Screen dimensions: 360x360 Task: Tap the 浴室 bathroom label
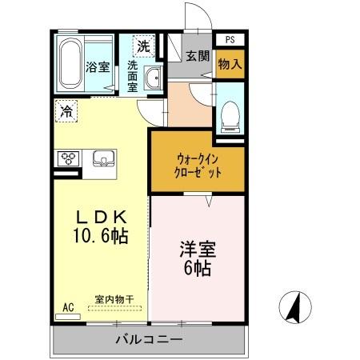pyautogui.click(x=98, y=67)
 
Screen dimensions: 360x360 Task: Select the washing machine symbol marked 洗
pyautogui.click(x=142, y=46)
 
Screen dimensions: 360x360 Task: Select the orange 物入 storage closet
pyautogui.click(x=230, y=63)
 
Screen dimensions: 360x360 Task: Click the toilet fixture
pyautogui.click(x=230, y=114)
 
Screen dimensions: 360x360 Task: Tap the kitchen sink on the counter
pyautogui.click(x=102, y=158)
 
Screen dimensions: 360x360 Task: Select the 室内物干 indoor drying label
pyautogui.click(x=114, y=299)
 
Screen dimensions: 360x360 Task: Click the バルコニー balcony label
pyautogui.click(x=149, y=340)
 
